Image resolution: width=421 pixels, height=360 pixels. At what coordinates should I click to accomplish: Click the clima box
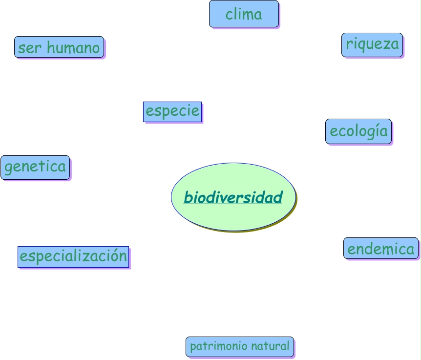pyautogui.click(x=244, y=14)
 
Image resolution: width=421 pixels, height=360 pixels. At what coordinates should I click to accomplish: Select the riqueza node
pyautogui.click(x=372, y=44)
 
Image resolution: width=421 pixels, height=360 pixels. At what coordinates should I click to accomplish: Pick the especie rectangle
pyautogui.click(x=172, y=111)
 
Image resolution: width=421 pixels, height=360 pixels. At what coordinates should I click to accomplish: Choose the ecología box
pyautogui.click(x=358, y=131)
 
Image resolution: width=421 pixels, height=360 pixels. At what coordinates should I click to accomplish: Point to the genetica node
pyautogui.click(x=35, y=167)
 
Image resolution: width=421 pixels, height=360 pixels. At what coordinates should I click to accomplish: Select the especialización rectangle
pyautogui.click(x=73, y=256)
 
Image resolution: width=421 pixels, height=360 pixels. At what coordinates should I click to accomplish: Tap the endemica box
pyautogui.click(x=381, y=248)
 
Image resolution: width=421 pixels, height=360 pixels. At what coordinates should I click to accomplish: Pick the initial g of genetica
pyautogui.click(x=8, y=168)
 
